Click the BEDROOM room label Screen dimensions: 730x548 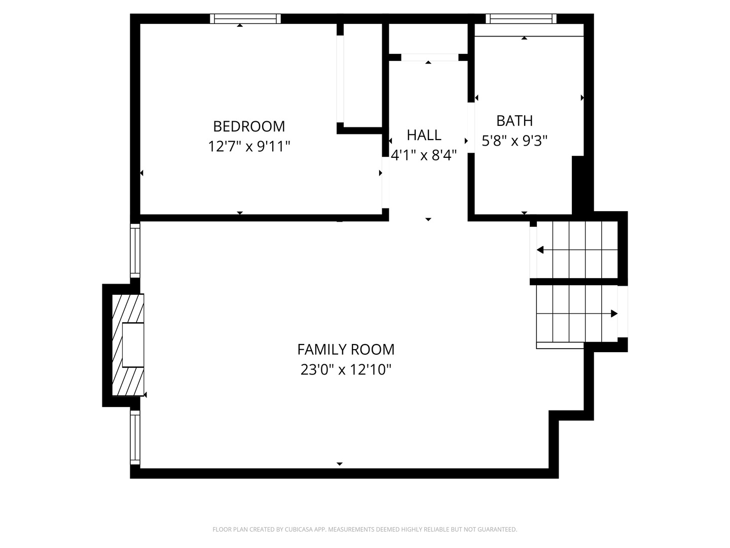tap(249, 126)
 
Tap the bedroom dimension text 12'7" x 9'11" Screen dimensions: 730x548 tap(249, 146)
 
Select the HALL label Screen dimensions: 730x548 tap(424, 135)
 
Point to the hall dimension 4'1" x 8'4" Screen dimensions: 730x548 tap(424, 155)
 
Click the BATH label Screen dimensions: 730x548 tap(515, 121)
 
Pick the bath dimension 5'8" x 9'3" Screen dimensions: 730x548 tap(515, 141)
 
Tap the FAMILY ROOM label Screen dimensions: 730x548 tap(346, 350)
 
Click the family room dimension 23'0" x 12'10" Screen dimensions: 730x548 tap(346, 369)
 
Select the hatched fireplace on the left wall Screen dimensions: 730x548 tap(128, 345)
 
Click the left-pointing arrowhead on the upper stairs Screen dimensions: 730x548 tap(540, 250)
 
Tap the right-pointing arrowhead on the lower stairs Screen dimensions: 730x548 tap(614, 314)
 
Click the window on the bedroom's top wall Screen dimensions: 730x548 tap(245, 19)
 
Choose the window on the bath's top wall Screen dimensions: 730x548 tap(521, 19)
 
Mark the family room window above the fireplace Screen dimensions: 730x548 tap(135, 251)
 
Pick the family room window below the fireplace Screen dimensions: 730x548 tap(135, 437)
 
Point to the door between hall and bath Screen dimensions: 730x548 tap(471, 128)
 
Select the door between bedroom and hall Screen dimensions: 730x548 tap(385, 182)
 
